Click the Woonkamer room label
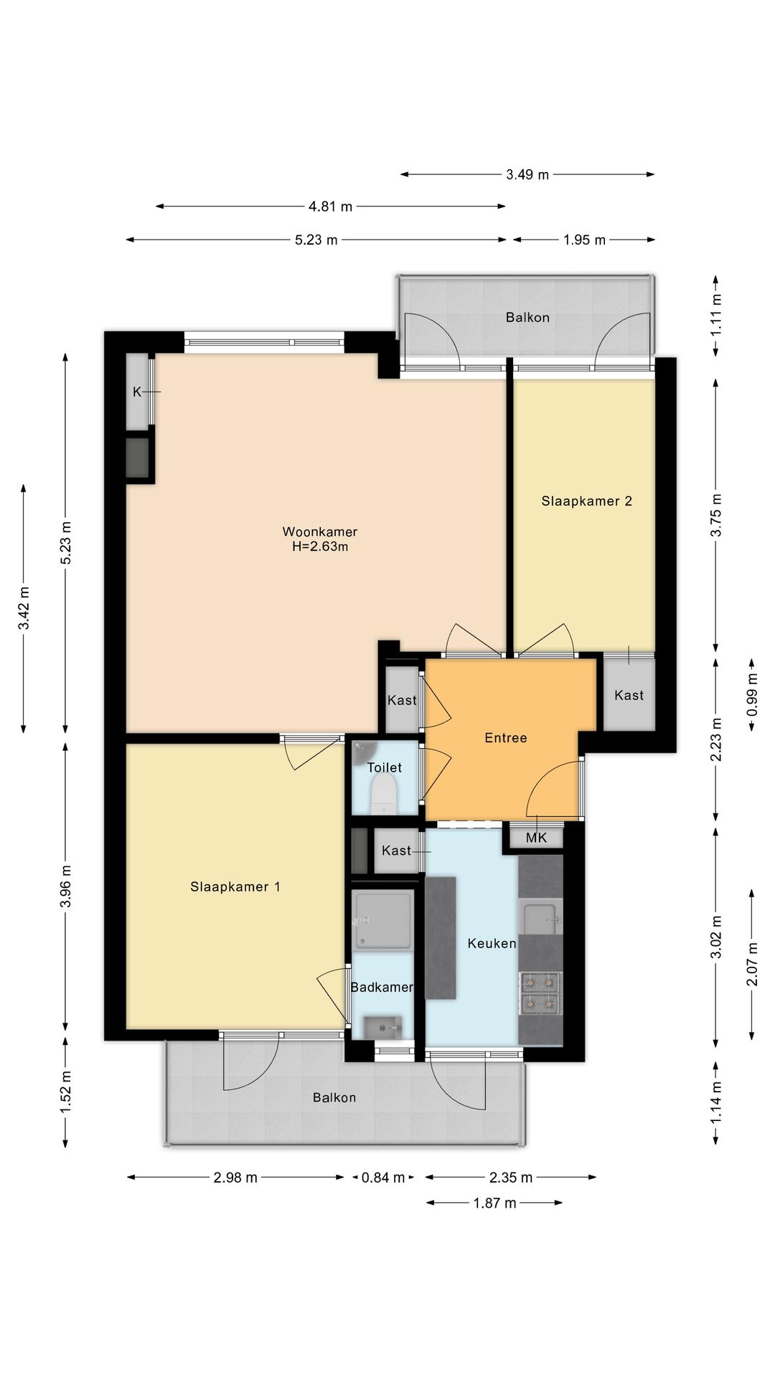point(319,531)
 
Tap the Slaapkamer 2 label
point(586,501)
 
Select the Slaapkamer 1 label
point(235,886)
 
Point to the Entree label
point(505,737)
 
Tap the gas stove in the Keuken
point(540,993)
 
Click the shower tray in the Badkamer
point(382,920)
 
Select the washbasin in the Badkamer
point(383,1028)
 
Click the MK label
point(536,838)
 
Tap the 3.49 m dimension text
point(527,174)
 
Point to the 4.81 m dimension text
point(330,207)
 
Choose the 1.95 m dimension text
point(584,240)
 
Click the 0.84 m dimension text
point(383,1177)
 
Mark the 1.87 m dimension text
point(494,1203)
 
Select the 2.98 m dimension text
point(235,1177)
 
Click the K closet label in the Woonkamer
point(136,392)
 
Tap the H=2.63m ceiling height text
point(319,546)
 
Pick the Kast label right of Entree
point(629,695)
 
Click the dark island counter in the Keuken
point(441,937)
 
